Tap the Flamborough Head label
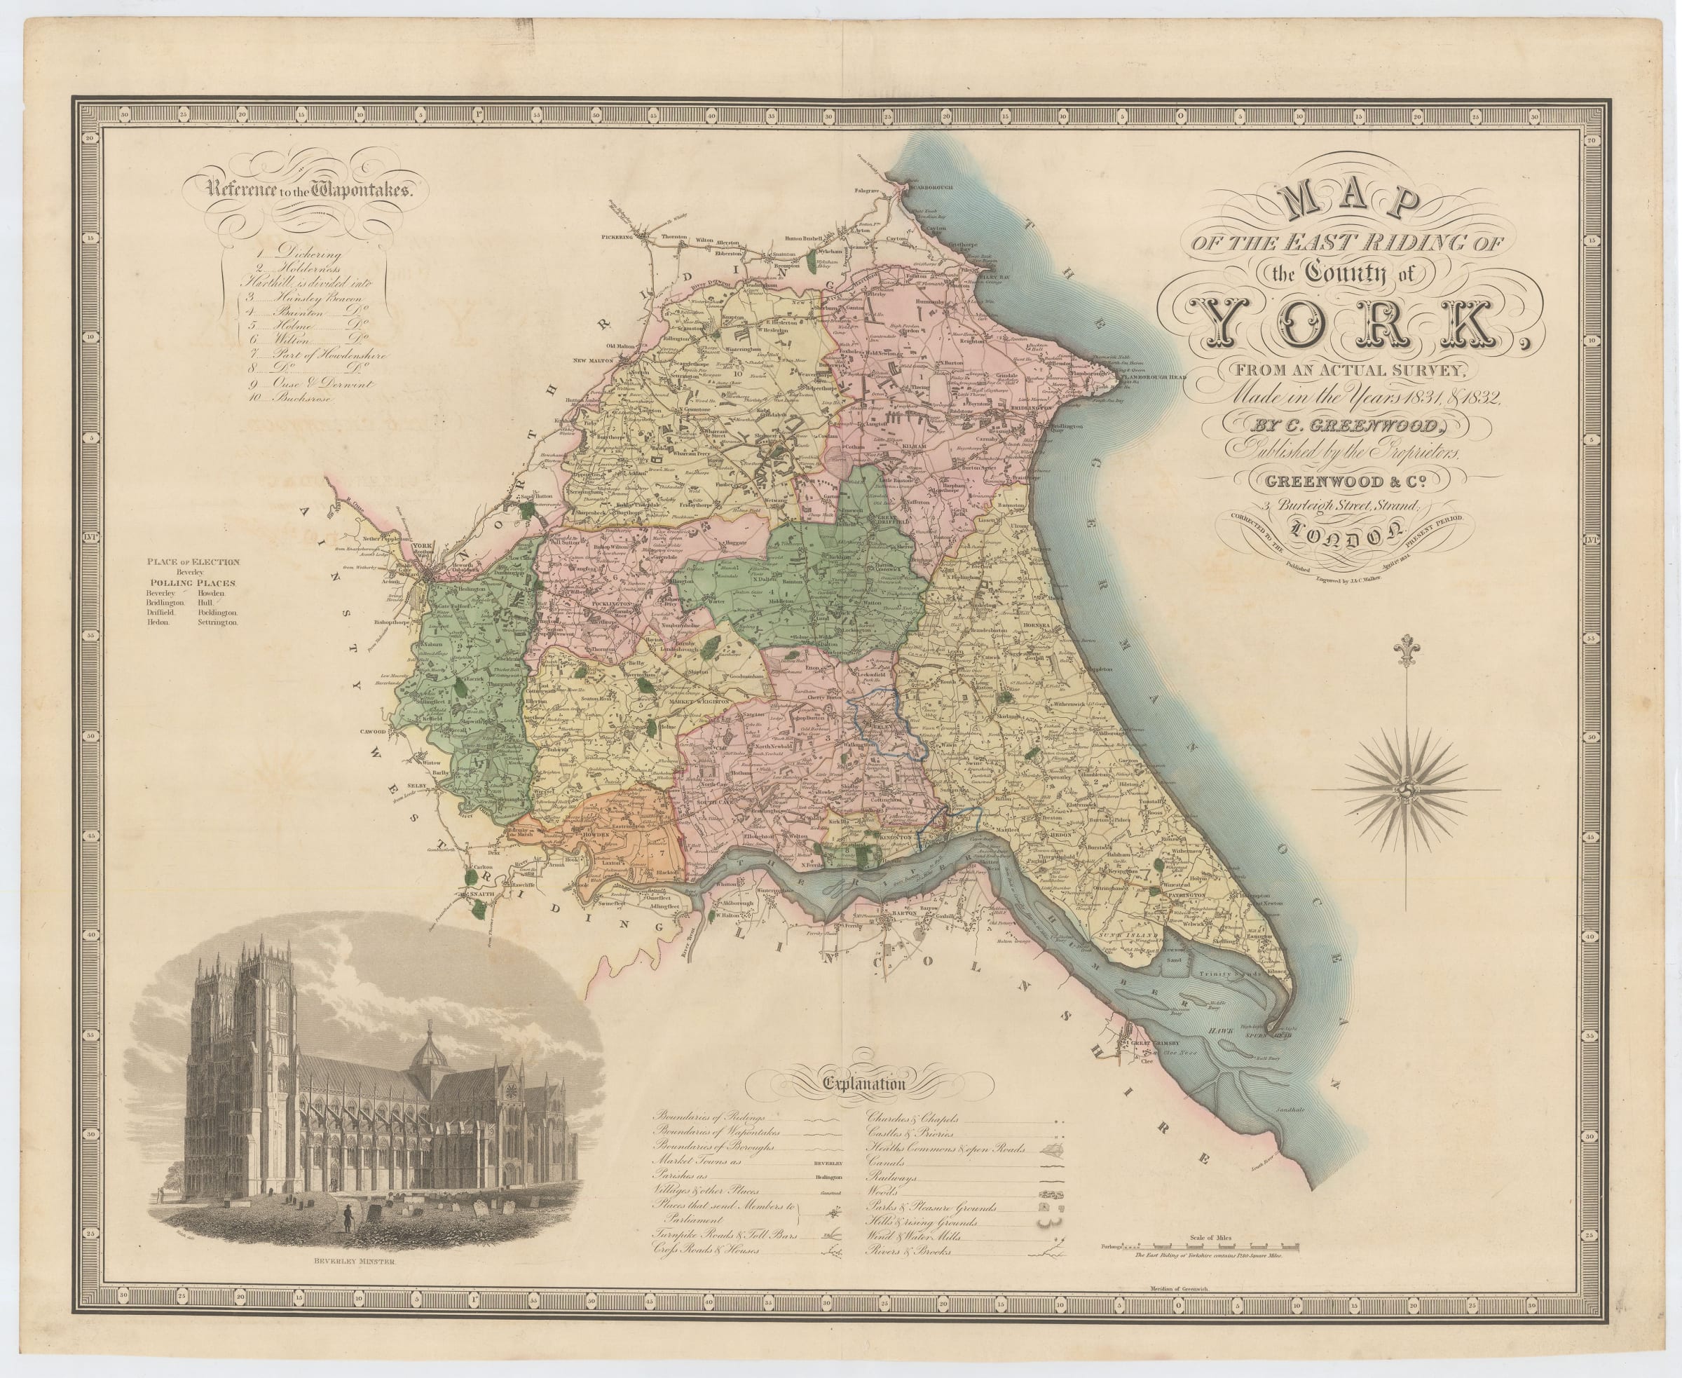1154,378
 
